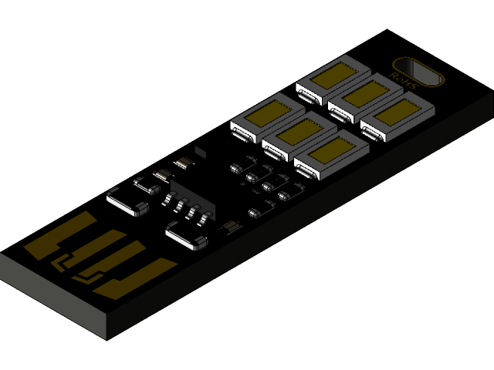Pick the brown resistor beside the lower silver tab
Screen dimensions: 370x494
[229, 227]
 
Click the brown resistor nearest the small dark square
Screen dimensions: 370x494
[183, 163]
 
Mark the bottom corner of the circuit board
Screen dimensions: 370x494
[107, 338]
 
